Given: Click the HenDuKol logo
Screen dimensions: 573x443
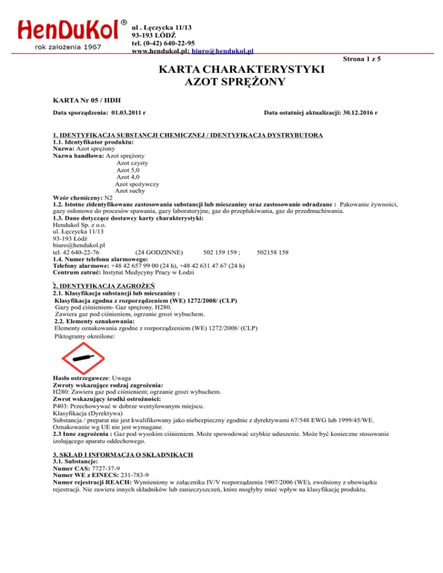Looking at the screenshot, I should (x=68, y=33).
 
